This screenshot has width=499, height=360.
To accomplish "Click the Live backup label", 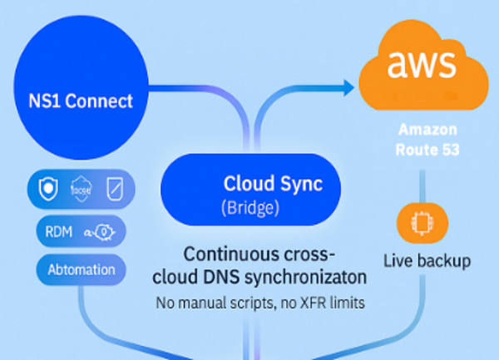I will (427, 260).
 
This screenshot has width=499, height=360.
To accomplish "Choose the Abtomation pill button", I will (81, 269).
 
